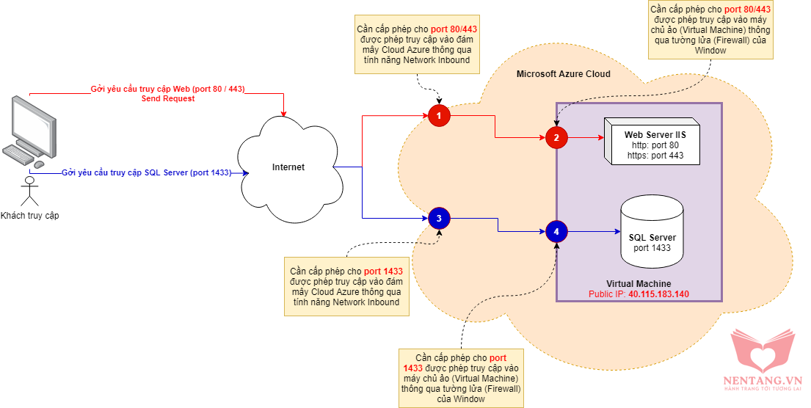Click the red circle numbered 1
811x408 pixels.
coord(439,115)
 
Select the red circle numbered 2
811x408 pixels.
coord(556,137)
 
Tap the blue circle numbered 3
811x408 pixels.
coord(439,218)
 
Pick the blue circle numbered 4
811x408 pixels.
coord(556,232)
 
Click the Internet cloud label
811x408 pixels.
coord(288,167)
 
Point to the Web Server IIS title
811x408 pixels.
coord(655,135)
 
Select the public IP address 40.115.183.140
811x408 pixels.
coord(658,294)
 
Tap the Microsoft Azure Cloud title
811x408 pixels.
coord(563,74)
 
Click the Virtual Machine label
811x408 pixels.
coord(639,284)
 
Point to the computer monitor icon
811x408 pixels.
coord(33,121)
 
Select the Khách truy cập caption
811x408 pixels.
coord(29,215)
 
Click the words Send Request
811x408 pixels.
coord(168,98)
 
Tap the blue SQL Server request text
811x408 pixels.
coord(147,173)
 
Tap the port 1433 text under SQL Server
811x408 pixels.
coord(652,248)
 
